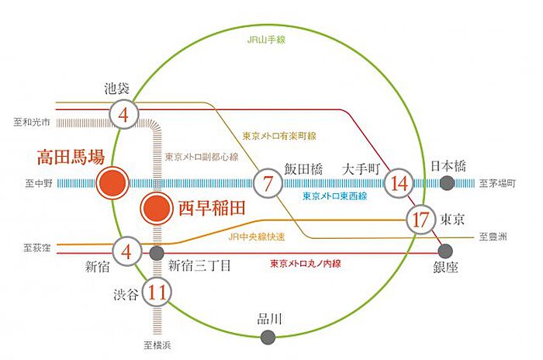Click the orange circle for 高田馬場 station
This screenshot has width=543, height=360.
pyautogui.click(x=112, y=184)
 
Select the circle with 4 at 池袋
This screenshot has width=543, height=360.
pyautogui.click(x=123, y=115)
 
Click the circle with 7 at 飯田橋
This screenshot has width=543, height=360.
pyautogui.click(x=268, y=184)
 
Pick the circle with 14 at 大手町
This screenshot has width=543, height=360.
pyautogui.click(x=400, y=184)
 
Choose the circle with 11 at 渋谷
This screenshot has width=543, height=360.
pyautogui.click(x=157, y=293)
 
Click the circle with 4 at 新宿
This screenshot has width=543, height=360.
pyautogui.click(x=126, y=251)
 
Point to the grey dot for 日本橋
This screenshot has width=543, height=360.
pyautogui.click(x=447, y=183)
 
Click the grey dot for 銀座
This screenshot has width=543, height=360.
pyautogui.click(x=446, y=251)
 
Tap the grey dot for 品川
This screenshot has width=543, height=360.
pyautogui.click(x=268, y=337)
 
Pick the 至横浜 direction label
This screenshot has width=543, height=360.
pyautogui.click(x=156, y=346)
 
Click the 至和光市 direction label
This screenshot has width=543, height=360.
pyautogui.click(x=32, y=122)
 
